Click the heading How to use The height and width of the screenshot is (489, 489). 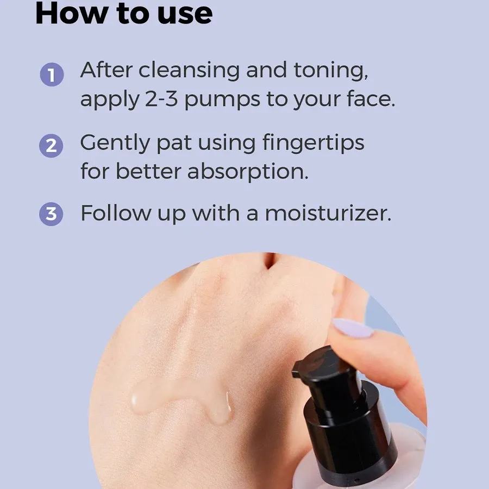(x=123, y=14)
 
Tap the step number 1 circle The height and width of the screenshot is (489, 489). (x=52, y=74)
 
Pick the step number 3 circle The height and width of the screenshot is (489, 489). (x=52, y=214)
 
